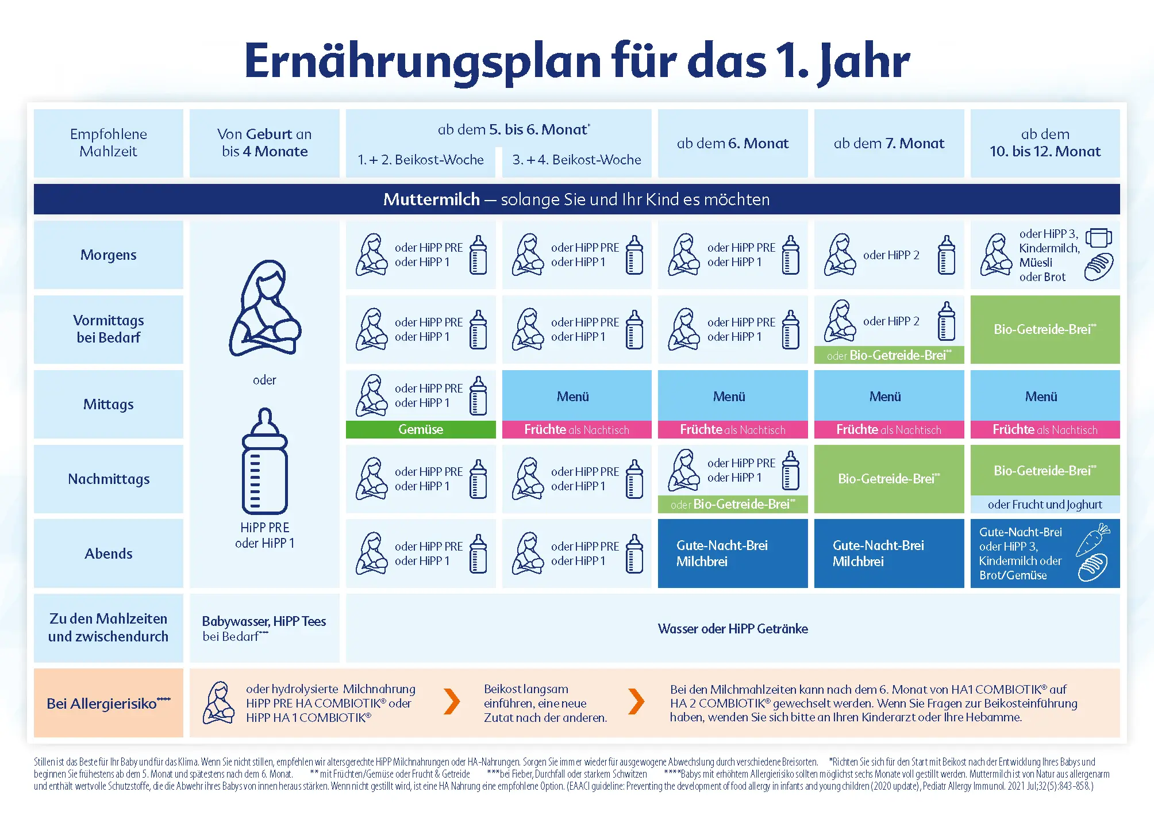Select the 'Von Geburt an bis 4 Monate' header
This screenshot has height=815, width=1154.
point(264,143)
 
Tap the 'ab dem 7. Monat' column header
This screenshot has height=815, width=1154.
point(888,143)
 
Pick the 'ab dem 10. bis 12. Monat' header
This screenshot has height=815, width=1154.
point(1045,143)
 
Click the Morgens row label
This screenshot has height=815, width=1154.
point(109,255)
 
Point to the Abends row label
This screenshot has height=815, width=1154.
point(109,553)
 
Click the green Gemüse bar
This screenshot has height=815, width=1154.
point(421,429)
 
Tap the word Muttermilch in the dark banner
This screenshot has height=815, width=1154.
point(431,199)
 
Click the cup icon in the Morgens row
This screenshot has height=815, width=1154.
point(1098,237)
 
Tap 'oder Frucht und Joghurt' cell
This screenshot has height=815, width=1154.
point(1045,504)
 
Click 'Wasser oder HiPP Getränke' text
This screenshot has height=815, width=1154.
point(733,628)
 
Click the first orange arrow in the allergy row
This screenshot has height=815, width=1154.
point(452,702)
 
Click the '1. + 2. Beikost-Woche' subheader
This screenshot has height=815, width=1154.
point(421,160)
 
